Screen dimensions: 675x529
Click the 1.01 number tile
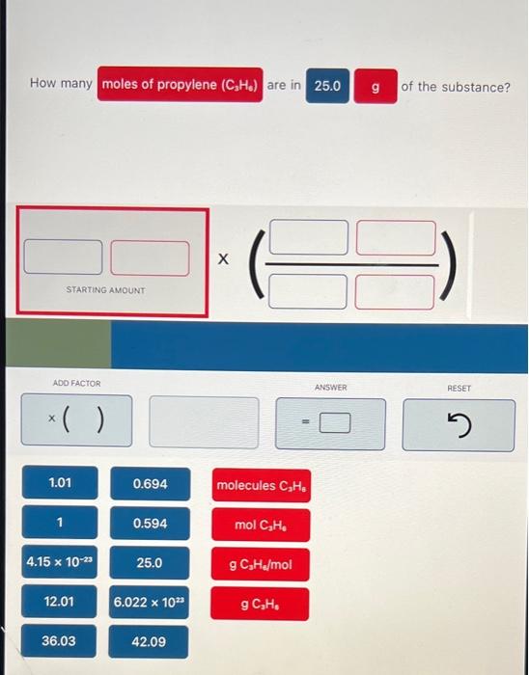tap(60, 482)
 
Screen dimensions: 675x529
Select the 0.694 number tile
tap(149, 483)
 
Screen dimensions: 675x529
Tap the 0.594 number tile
tap(149, 523)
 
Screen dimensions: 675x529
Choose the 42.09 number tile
tap(149, 641)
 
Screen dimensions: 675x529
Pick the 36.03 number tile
tap(60, 641)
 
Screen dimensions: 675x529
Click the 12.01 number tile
tap(60, 602)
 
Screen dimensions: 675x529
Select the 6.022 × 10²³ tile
tap(149, 602)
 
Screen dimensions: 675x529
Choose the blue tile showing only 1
tap(60, 523)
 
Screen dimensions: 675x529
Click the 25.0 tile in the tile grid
tap(149, 562)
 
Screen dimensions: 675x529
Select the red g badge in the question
tap(375, 86)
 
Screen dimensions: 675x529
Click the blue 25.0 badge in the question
tap(327, 86)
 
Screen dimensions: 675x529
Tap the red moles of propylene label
tap(179, 84)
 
